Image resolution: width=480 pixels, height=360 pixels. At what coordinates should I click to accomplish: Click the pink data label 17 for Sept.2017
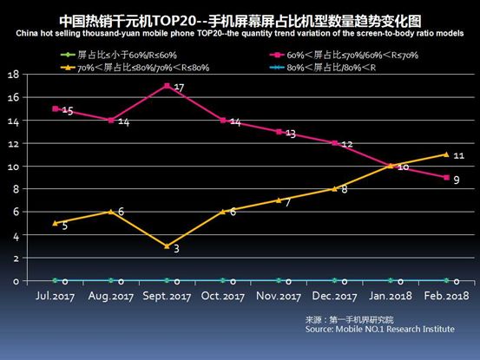[x=178, y=88]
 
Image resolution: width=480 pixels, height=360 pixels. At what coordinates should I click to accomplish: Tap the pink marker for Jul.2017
[x=56, y=108]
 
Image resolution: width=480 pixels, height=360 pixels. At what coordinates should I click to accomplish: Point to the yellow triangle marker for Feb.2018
[x=445, y=154]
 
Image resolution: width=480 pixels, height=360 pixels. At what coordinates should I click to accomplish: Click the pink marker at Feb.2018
[x=445, y=178]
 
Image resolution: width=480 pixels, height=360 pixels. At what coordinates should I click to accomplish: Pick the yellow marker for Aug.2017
[x=111, y=212]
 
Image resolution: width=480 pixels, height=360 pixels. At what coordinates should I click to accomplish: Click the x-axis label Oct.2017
[x=222, y=297]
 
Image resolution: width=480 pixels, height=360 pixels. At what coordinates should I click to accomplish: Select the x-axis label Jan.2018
[x=390, y=297]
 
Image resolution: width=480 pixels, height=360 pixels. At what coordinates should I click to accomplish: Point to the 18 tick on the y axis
[x=14, y=75]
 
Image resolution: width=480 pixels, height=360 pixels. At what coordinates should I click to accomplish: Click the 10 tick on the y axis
[x=14, y=166]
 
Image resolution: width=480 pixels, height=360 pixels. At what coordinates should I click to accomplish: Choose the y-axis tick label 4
[x=16, y=235]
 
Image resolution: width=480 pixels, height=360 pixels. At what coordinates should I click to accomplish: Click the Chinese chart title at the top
[x=240, y=18]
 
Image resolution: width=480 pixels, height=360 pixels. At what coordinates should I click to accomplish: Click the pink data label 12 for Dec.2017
[x=345, y=144]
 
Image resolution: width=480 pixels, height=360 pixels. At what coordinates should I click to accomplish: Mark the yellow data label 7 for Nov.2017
[x=289, y=202]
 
